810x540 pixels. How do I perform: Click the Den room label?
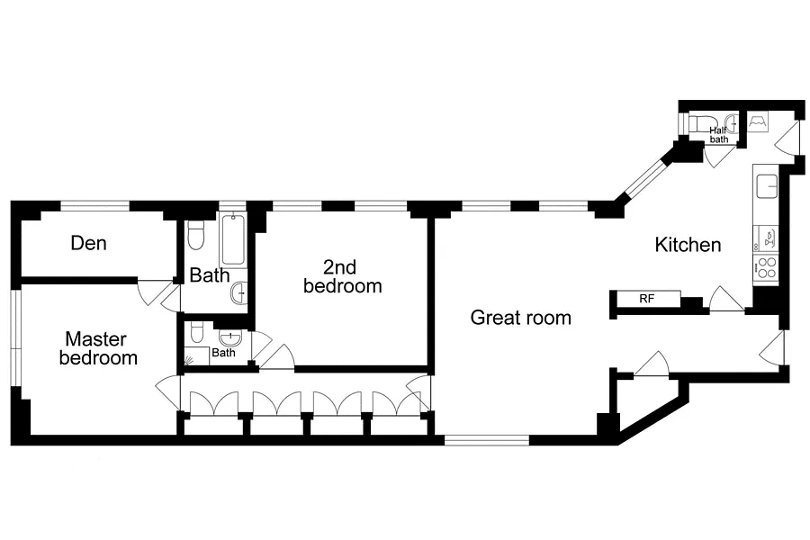(89, 243)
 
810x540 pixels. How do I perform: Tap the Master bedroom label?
(97, 348)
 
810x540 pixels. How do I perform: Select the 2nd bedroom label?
(342, 276)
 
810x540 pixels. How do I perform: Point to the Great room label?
(521, 318)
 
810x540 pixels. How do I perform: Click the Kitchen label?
(688, 245)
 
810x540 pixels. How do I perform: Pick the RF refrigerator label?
(647, 299)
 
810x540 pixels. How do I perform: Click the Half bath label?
(718, 135)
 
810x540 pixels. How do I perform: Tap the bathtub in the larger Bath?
(233, 239)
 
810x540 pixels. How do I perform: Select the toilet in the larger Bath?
(195, 235)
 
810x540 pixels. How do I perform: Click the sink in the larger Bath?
(238, 293)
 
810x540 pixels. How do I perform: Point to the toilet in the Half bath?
(699, 124)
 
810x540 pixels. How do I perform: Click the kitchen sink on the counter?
(767, 186)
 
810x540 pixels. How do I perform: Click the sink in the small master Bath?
(229, 338)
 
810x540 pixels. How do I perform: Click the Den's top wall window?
(95, 206)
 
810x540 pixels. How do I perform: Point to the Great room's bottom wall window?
(487, 440)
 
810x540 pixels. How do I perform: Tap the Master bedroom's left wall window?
(15, 337)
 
